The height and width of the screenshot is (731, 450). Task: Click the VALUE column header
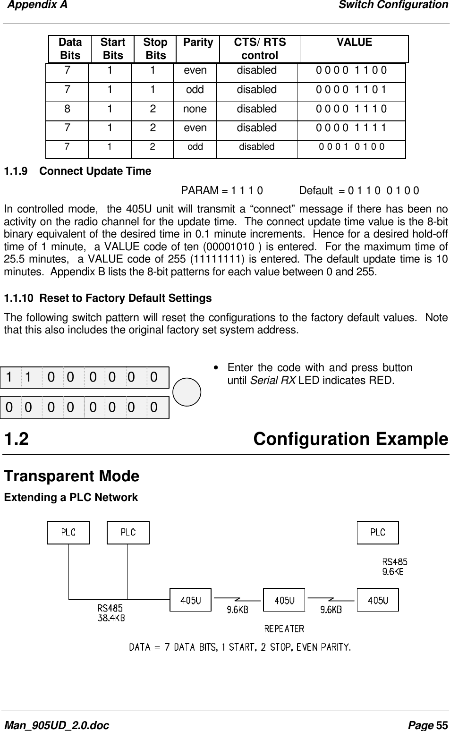[x=354, y=42]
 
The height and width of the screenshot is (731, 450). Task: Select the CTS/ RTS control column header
[x=260, y=49]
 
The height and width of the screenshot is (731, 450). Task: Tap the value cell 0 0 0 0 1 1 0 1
[x=351, y=90]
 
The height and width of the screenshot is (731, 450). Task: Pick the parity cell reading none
[x=195, y=109]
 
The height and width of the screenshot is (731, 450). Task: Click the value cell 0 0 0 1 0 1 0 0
[x=351, y=147]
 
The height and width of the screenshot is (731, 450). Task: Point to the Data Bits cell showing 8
[x=68, y=109]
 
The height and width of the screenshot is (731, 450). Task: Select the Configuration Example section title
[x=350, y=439]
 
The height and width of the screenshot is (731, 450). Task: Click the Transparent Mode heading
[x=72, y=476]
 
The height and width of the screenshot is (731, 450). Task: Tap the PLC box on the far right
[x=378, y=533]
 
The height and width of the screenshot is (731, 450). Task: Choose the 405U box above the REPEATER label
[x=284, y=600]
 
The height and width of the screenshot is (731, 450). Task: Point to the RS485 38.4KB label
[x=111, y=612]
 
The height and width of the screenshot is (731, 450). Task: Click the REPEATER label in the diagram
[x=284, y=629]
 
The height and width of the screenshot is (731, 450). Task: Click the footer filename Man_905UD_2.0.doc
[x=56, y=725]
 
